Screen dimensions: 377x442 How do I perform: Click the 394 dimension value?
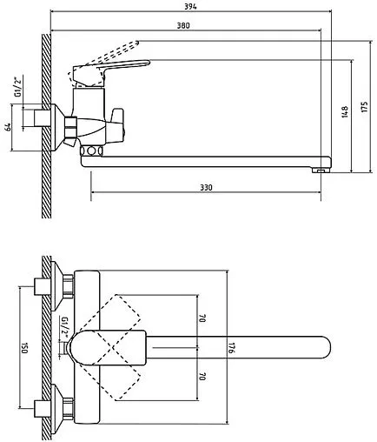coord(190,6)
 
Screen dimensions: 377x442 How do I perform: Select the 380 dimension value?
coord(183,25)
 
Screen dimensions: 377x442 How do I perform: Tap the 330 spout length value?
coord(206,187)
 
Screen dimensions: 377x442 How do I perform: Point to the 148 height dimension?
coord(345,111)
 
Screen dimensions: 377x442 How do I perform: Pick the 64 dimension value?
coord(9,127)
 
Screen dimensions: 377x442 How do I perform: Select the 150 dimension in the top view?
coord(24,348)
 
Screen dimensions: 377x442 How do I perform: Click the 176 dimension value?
coord(231,348)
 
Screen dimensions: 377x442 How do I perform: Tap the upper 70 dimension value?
coord(202,318)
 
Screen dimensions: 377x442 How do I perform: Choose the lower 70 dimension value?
coord(202,377)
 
